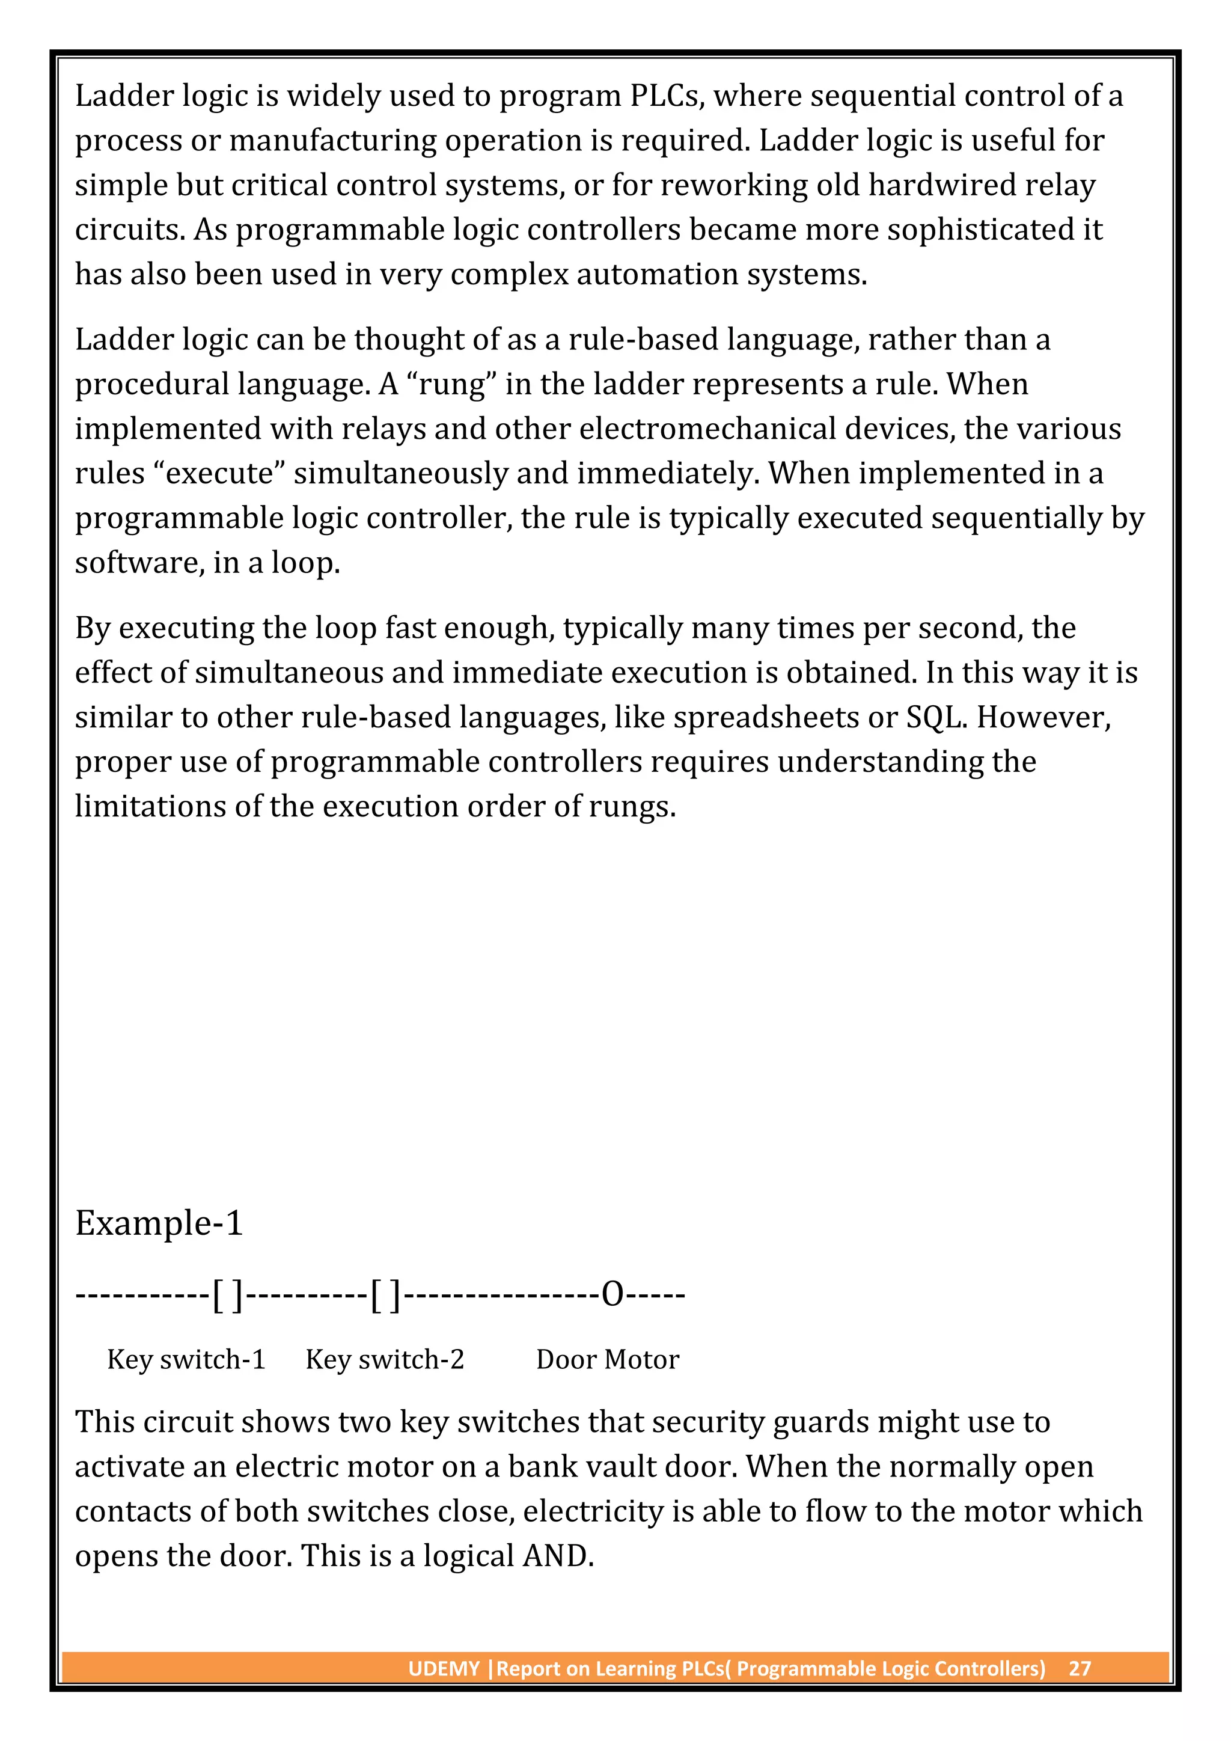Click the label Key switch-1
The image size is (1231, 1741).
point(186,1360)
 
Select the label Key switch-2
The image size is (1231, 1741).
point(385,1360)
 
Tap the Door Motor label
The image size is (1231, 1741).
point(607,1360)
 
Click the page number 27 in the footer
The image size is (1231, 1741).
point(1080,1669)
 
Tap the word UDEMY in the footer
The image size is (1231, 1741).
point(444,1669)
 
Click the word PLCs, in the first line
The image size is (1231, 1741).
point(667,96)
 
